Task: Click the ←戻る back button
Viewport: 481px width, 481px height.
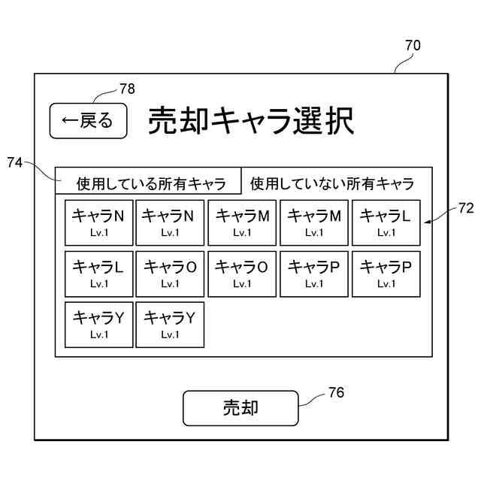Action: pyautogui.click(x=88, y=120)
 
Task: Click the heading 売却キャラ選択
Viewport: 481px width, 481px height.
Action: pyautogui.click(x=250, y=121)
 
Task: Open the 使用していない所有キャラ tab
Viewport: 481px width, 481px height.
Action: pyautogui.click(x=331, y=183)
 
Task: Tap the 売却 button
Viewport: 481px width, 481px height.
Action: pyautogui.click(x=240, y=407)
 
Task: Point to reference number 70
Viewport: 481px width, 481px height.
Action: pyautogui.click(x=413, y=45)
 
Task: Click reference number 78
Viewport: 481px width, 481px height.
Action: pyautogui.click(x=127, y=89)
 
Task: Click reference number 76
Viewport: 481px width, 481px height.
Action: pyautogui.click(x=337, y=392)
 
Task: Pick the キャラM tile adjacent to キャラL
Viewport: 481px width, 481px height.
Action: pyautogui.click(x=314, y=222)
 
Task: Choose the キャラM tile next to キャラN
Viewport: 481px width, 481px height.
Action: pyautogui.click(x=242, y=222)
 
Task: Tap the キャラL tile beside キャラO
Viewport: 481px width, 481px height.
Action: pyautogui.click(x=98, y=273)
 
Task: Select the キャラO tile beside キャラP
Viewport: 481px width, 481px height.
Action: pyautogui.click(x=242, y=273)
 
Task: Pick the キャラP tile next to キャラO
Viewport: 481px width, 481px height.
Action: pyautogui.click(x=314, y=273)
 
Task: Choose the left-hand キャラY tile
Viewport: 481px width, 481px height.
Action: pyautogui.click(x=98, y=324)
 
